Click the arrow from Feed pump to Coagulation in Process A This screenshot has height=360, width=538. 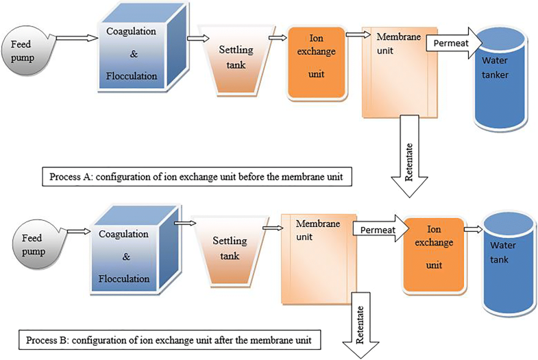click(73, 39)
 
